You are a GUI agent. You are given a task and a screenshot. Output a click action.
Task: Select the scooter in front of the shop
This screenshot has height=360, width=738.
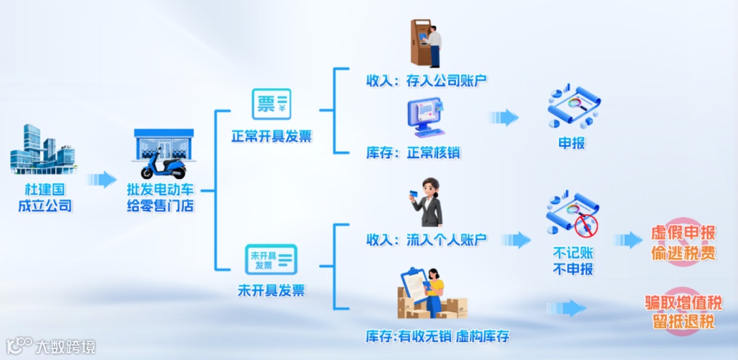pos(163,166)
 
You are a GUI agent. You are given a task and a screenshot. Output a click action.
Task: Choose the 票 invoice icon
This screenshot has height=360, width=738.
pos(271,105)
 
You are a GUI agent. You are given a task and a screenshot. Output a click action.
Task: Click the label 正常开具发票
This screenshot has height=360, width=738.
pos(271,136)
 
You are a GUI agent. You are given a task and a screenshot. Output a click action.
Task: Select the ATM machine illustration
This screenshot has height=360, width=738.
pos(426,43)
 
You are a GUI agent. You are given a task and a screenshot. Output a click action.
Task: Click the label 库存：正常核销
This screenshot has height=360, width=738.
pos(413,152)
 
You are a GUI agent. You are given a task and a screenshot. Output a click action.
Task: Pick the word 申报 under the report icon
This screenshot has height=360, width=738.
pos(572,144)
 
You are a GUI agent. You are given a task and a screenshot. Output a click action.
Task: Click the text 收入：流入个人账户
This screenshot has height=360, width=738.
pos(426,240)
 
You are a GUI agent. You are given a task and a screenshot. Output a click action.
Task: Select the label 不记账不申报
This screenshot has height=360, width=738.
pos(572,260)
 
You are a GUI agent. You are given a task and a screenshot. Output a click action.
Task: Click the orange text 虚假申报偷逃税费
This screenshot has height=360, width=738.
pos(683,243)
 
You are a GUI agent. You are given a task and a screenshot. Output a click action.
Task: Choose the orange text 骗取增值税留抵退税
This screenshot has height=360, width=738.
pos(683,311)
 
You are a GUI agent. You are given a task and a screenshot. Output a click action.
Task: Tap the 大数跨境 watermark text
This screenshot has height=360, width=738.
pos(66,346)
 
